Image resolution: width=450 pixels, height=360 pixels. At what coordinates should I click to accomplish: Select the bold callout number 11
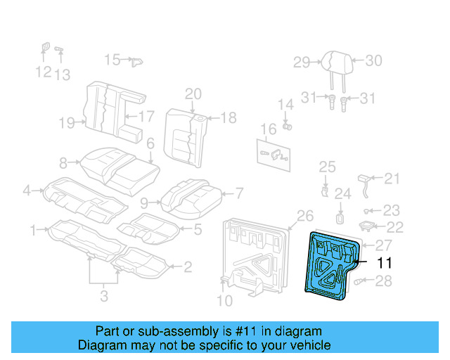[x=384, y=264]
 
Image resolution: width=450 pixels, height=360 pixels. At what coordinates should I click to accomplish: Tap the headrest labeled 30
[x=333, y=61]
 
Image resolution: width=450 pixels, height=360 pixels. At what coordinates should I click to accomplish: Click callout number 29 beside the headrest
[x=302, y=63]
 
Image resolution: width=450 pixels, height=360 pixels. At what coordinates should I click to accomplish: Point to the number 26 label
[x=304, y=215]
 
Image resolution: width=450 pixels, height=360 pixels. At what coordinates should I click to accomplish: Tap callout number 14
[x=285, y=104]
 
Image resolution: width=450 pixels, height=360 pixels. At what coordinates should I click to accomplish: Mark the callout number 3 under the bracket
[x=104, y=296]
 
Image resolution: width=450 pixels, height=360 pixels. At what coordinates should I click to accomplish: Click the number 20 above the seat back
[x=193, y=94]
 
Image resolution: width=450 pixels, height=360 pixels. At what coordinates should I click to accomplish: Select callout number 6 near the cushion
[x=150, y=143]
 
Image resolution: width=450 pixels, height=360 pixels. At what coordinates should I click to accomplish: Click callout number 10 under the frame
[x=224, y=302]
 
